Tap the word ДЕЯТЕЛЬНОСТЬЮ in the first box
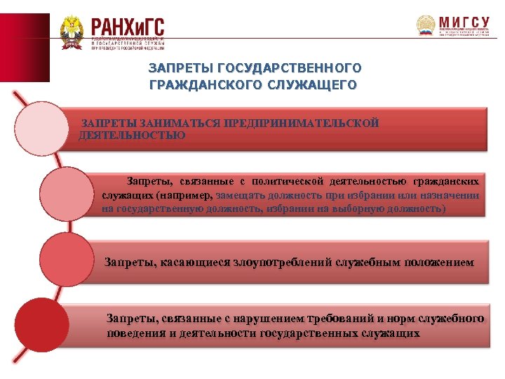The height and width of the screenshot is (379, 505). pos(133,135)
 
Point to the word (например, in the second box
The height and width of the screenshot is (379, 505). pos(186,196)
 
